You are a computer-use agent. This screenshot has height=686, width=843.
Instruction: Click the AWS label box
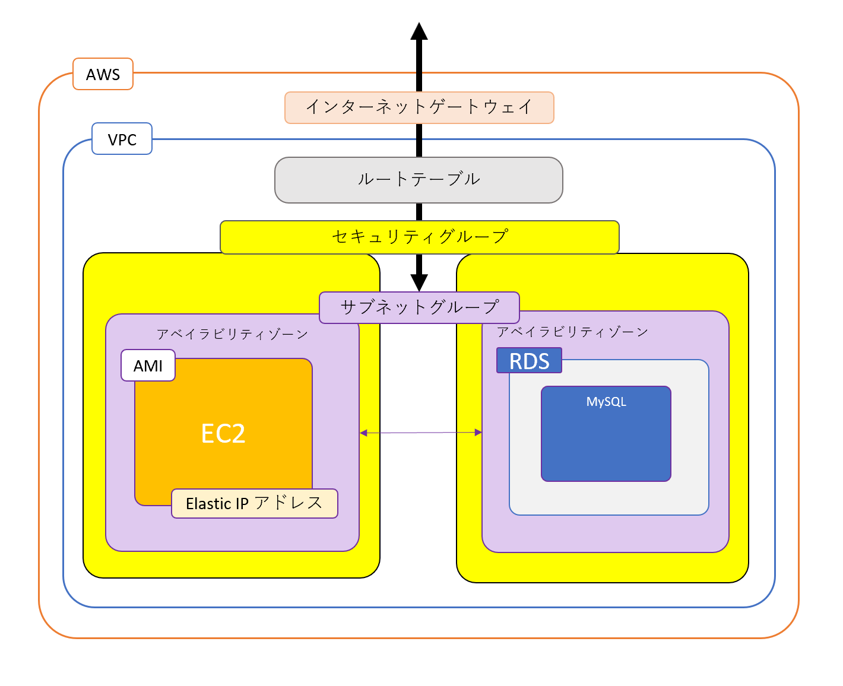[x=103, y=74]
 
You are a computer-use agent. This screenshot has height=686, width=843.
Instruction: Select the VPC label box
[x=122, y=139]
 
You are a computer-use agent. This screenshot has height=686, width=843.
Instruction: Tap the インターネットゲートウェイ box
[x=419, y=107]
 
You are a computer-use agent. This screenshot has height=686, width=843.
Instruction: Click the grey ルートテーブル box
[x=419, y=180]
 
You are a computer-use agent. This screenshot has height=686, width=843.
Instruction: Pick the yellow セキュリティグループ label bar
[x=419, y=237]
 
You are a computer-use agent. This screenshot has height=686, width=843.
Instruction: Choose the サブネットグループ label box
[x=419, y=307]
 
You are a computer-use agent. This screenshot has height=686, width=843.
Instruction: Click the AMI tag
[x=148, y=366]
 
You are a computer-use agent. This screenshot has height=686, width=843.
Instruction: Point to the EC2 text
[x=223, y=433]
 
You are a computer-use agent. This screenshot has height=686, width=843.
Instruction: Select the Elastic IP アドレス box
[x=254, y=503]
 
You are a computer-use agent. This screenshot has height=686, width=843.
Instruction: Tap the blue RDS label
[x=529, y=361]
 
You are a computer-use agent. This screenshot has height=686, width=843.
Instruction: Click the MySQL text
[x=606, y=402]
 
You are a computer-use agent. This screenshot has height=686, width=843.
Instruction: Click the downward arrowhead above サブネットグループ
[x=419, y=282]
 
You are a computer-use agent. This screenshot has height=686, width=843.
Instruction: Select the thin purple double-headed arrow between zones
[x=420, y=433]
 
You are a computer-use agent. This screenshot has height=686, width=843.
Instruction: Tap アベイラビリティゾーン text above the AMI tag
[x=232, y=334]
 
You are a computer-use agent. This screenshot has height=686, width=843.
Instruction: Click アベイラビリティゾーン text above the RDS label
[x=572, y=332]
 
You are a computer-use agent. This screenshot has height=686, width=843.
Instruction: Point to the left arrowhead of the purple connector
[x=363, y=433]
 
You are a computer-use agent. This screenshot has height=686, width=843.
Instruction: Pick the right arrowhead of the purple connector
[x=478, y=433]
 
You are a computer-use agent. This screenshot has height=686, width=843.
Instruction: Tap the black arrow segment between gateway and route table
[x=419, y=140]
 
